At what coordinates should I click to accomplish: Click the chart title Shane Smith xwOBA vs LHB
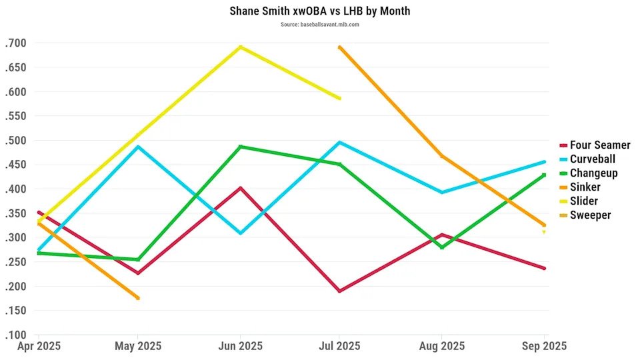pyautogui.click(x=320, y=11)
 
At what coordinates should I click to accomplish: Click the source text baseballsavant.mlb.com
pyautogui.click(x=320, y=25)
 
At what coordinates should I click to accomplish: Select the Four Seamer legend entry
pyautogui.click(x=599, y=145)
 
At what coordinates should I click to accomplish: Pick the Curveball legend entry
pyautogui.click(x=592, y=159)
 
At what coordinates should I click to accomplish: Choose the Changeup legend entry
pyautogui.click(x=593, y=173)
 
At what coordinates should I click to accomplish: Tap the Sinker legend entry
pyautogui.click(x=585, y=187)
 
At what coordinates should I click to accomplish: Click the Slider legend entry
pyautogui.click(x=583, y=201)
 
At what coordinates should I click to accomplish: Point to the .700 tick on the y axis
pyautogui.click(x=15, y=43)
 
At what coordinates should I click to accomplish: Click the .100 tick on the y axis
pyautogui.click(x=15, y=335)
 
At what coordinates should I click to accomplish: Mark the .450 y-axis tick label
pyautogui.click(x=15, y=165)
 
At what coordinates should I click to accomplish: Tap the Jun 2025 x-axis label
pyautogui.click(x=240, y=347)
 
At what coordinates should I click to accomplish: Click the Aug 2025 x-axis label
pyautogui.click(x=441, y=347)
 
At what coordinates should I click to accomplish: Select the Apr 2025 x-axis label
pyautogui.click(x=39, y=347)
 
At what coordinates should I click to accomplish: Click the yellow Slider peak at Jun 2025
pyautogui.click(x=240, y=47)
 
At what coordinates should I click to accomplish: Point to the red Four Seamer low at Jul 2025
pyautogui.click(x=339, y=291)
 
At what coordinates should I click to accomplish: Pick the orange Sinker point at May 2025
pyautogui.click(x=138, y=298)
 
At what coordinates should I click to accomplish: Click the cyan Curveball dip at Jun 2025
pyautogui.click(x=240, y=233)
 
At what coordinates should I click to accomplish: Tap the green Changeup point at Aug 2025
pyautogui.click(x=441, y=248)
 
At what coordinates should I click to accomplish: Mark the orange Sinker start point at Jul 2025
pyautogui.click(x=339, y=47)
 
